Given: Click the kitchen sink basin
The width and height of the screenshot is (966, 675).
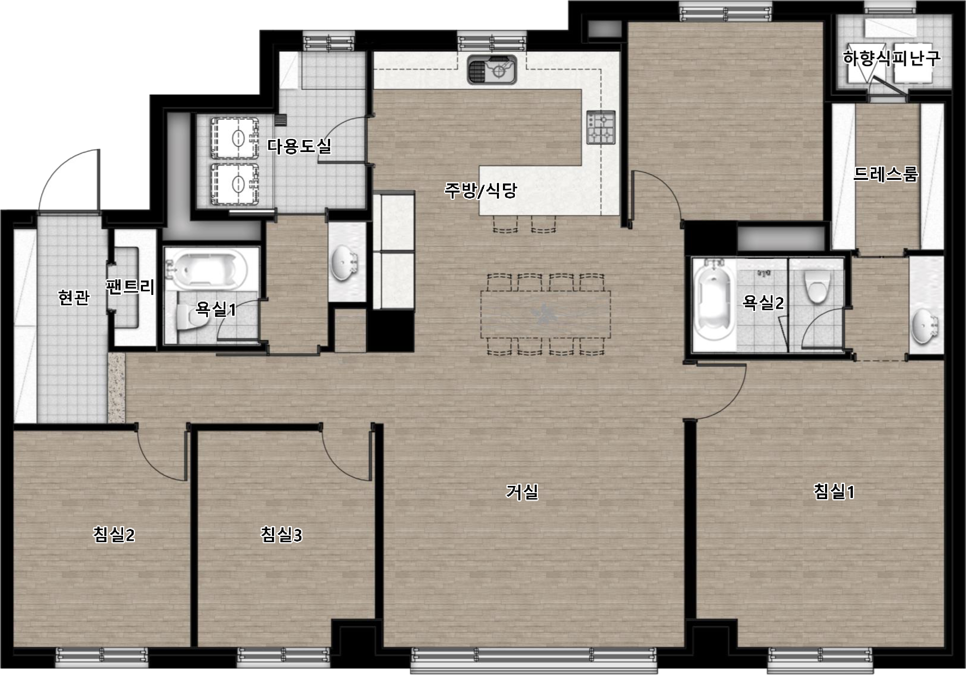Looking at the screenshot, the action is (x=491, y=69).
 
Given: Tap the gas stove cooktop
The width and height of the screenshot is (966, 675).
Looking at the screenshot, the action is (x=601, y=127).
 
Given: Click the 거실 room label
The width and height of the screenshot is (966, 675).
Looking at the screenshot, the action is (x=522, y=492).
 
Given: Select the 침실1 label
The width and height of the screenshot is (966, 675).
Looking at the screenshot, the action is (x=834, y=491).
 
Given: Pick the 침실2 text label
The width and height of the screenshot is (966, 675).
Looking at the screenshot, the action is (x=113, y=535).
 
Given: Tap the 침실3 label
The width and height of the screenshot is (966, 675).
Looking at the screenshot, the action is (x=281, y=535).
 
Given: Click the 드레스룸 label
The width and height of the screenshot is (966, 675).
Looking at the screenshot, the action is (x=886, y=174).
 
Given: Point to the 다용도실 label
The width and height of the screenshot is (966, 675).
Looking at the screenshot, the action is (x=299, y=146).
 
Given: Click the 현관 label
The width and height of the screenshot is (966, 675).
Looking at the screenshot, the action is (x=74, y=298).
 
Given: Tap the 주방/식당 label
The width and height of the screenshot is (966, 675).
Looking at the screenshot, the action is (x=481, y=191).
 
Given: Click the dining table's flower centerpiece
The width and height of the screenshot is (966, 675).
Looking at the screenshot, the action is (x=546, y=314).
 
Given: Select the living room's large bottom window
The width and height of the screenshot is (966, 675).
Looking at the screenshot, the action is (x=534, y=659).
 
